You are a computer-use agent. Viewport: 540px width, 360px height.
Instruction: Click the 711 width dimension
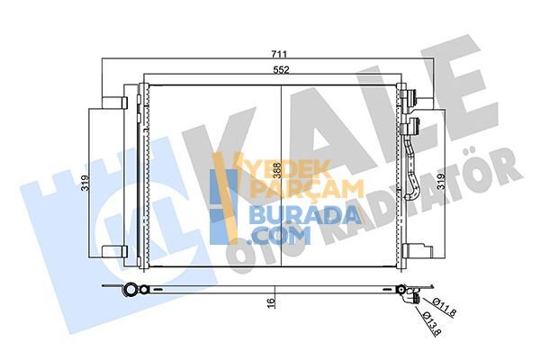coord(279,54)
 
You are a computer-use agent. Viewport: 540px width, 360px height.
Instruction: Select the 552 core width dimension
coord(281,70)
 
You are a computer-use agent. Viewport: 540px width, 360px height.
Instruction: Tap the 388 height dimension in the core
coord(277,170)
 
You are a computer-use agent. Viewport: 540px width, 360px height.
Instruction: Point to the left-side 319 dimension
coord(85,184)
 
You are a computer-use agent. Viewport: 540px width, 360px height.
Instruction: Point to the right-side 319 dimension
coord(441,182)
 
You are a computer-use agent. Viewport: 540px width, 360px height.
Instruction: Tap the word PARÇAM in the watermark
coord(306,188)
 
